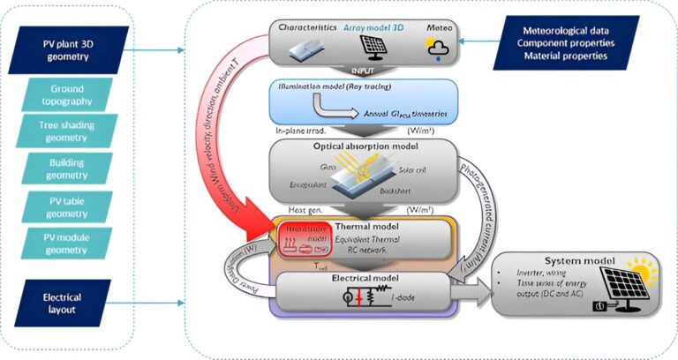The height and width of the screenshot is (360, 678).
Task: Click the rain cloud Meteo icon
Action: pyautogui.click(x=434, y=49)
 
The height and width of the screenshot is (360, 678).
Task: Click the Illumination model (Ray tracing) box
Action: pyautogui.click(x=363, y=101)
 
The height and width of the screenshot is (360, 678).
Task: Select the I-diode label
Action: pyautogui.click(x=402, y=297)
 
